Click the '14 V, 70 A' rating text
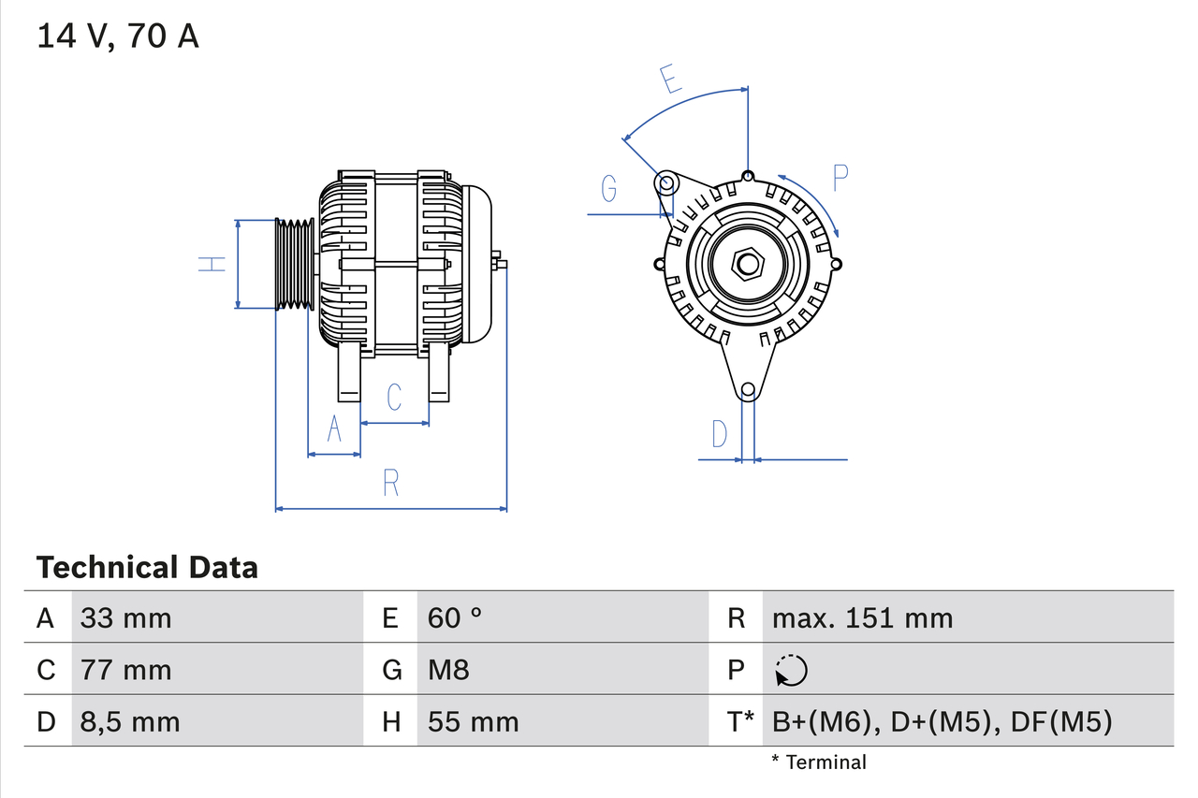(118, 36)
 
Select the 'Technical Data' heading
(147, 567)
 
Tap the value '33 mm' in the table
(126, 617)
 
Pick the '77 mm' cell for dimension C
(126, 670)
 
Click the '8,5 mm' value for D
(130, 721)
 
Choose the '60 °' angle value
(455, 617)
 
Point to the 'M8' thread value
(448, 670)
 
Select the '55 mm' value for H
(473, 721)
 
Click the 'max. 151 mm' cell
(862, 617)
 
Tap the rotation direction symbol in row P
(791, 670)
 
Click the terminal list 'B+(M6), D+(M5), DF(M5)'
(942, 721)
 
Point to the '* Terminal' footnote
(819, 762)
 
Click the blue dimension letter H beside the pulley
(213, 265)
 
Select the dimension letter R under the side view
(391, 483)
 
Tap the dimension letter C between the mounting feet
(394, 397)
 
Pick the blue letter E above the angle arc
(669, 80)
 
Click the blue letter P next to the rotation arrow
(840, 178)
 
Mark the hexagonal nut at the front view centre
(746, 264)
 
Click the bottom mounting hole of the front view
(747, 390)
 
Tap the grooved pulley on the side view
(295, 265)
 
